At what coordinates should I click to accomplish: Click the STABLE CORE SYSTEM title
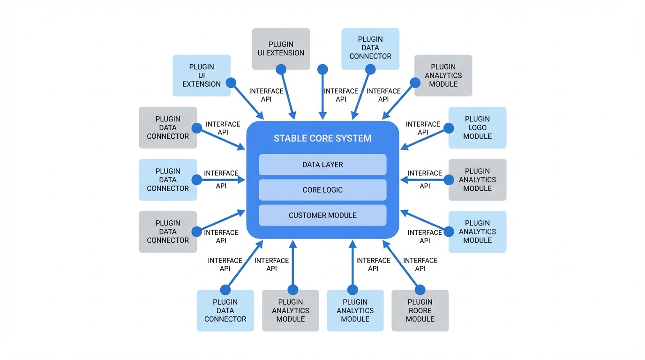point(322,138)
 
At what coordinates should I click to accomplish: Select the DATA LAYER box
point(322,165)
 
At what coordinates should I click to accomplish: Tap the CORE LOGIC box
point(322,190)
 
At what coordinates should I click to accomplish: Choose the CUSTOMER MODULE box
point(322,215)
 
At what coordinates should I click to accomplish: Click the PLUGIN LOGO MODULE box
point(477,127)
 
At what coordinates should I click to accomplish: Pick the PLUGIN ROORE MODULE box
point(420,310)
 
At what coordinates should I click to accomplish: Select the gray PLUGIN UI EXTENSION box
point(281,49)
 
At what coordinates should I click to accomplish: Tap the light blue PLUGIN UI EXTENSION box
point(202,75)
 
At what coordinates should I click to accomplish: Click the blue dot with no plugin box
point(322,69)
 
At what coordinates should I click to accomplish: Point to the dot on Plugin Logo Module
point(449,128)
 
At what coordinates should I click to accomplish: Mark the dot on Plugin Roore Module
point(420,290)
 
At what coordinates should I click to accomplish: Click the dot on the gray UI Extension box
point(281,69)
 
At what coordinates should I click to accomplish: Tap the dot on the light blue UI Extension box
point(231,83)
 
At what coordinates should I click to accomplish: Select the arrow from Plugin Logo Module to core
point(424,139)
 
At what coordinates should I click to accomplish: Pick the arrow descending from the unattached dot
point(322,96)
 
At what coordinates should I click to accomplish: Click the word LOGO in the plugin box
point(477,127)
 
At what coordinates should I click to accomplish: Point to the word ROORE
point(420,310)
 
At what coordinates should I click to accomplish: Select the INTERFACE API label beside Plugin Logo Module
point(423,128)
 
